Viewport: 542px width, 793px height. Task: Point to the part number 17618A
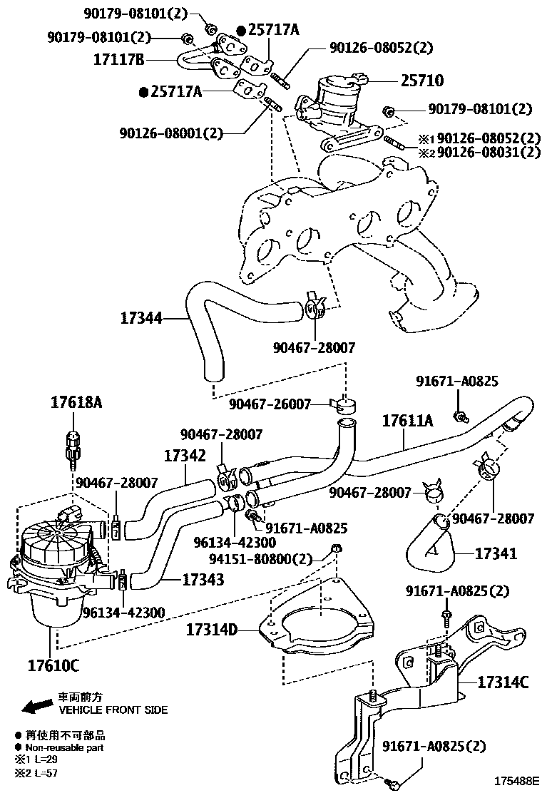[x=76, y=403]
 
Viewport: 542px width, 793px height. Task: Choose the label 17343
[x=203, y=579]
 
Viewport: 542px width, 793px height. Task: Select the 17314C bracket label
[x=502, y=682]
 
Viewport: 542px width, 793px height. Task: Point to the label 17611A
[x=407, y=421]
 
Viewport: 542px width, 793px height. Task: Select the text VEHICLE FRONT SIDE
[x=113, y=710]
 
